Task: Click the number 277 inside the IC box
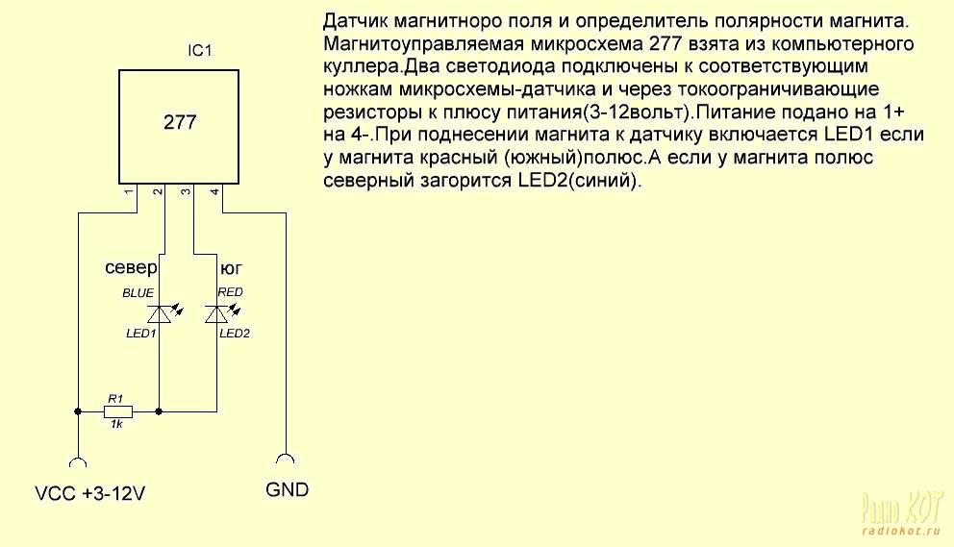click(x=180, y=122)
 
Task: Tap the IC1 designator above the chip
click(x=200, y=51)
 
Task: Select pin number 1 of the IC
click(x=128, y=191)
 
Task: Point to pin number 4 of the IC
click(x=214, y=191)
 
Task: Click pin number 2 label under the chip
click(x=158, y=191)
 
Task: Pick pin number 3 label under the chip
click(x=187, y=191)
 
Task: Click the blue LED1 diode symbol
click(x=160, y=314)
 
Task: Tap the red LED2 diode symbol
click(x=217, y=314)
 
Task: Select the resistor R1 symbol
click(x=118, y=411)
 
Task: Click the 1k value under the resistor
click(x=116, y=424)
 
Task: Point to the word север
click(x=131, y=267)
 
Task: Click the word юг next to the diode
click(x=231, y=268)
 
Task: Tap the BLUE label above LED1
click(x=138, y=293)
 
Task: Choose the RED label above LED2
click(x=230, y=292)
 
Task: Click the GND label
click(x=288, y=490)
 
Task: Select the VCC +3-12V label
click(x=90, y=493)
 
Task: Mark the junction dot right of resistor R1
click(x=159, y=411)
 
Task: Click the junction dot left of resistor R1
click(x=78, y=411)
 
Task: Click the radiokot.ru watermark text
click(x=902, y=532)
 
